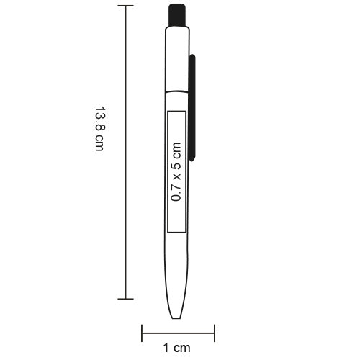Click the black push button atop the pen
point(175,14)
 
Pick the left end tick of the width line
point(142,333)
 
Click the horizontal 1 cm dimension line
point(178,333)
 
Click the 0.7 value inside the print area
point(176,191)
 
